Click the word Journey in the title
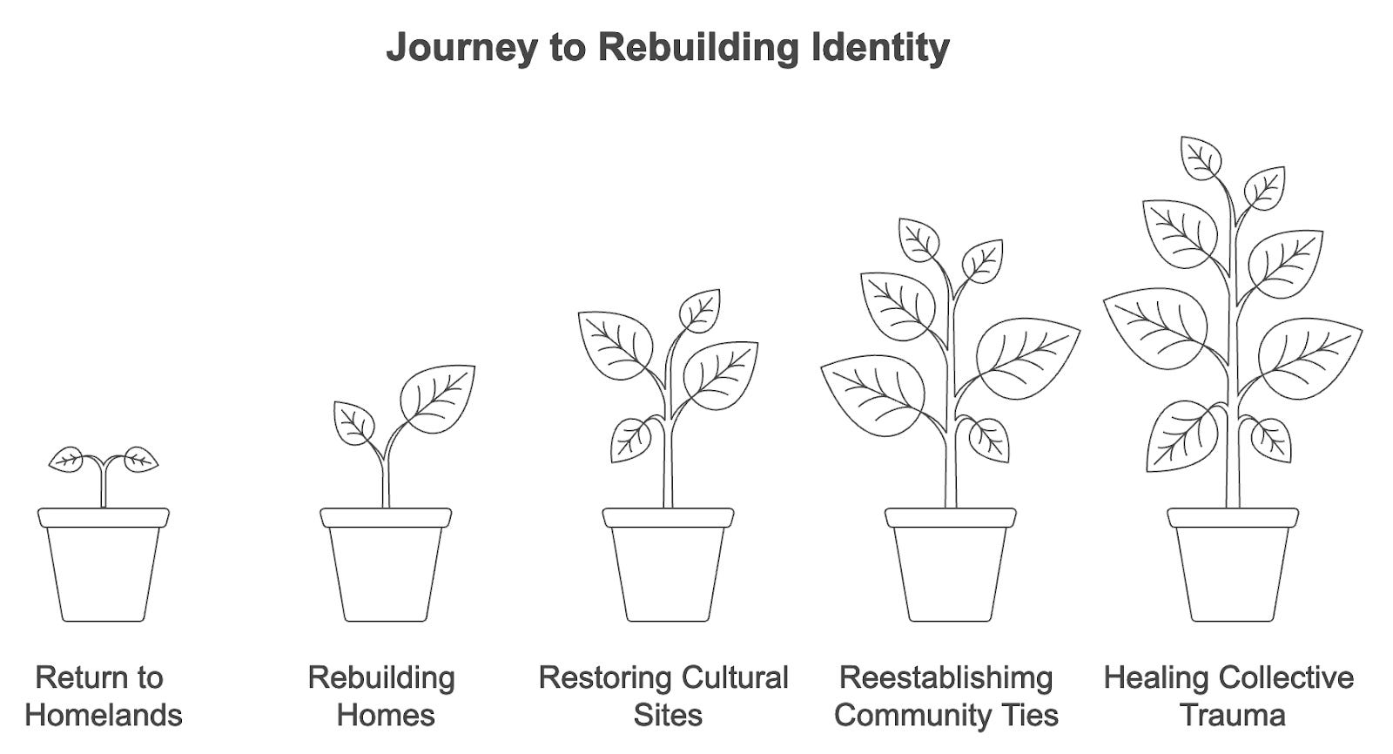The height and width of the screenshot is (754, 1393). [x=461, y=47]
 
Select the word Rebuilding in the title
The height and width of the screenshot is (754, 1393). [x=697, y=47]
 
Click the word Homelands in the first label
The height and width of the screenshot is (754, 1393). [x=104, y=716]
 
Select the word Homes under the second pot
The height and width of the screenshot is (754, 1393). [x=386, y=716]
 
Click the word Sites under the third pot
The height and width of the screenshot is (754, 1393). [x=667, y=716]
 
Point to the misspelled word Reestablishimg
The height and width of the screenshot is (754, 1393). [x=945, y=677]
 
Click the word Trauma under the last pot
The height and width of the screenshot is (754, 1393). [x=1232, y=716]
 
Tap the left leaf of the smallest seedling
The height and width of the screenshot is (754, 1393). [x=67, y=459]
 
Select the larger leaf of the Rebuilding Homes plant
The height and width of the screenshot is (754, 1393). [x=438, y=397]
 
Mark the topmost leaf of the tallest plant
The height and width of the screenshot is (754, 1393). [x=1201, y=158]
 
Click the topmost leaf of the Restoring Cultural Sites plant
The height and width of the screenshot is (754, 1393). [x=700, y=310]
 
